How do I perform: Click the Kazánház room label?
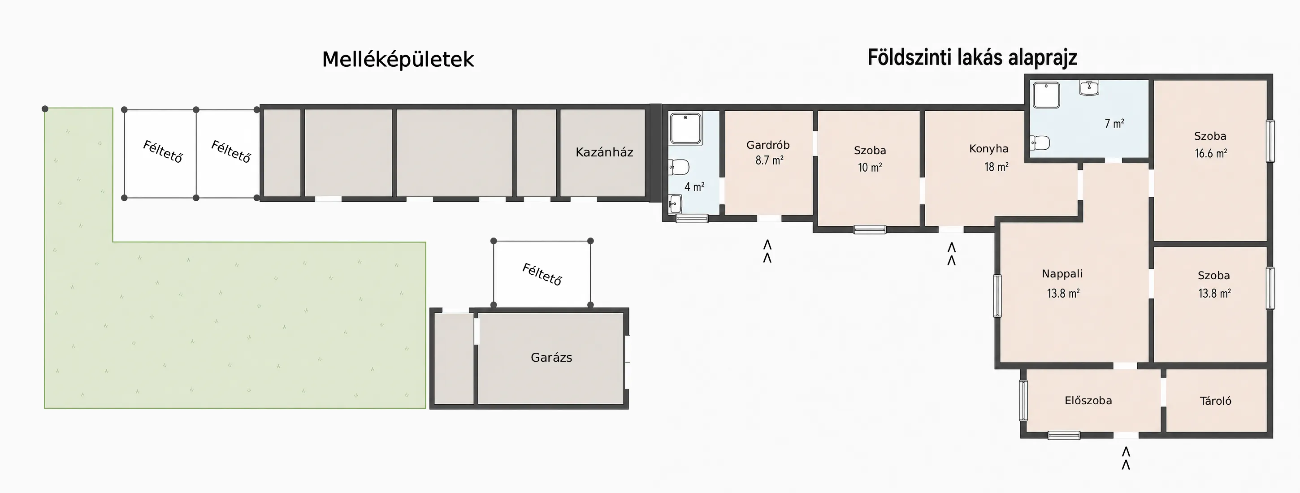[x=604, y=152]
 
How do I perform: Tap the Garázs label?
[x=551, y=357]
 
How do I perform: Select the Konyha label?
[x=988, y=148]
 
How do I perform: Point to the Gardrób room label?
[x=767, y=145]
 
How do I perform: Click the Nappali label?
[x=1062, y=273]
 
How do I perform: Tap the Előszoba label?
[x=1088, y=400]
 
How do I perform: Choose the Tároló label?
[x=1215, y=401]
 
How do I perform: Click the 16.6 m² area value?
[x=1211, y=153]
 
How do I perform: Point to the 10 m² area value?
[x=870, y=167]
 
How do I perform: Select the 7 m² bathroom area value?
[x=1114, y=124]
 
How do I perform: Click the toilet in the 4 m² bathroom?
[x=679, y=167]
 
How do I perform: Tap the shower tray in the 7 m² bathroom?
[x=1046, y=95]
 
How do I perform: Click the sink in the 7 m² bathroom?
[x=1089, y=88]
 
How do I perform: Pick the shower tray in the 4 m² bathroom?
[x=685, y=128]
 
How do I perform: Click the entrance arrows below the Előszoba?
[x=1125, y=458]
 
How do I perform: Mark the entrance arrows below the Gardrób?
[x=767, y=251]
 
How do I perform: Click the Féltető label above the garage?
[x=542, y=274]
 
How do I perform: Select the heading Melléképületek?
[x=398, y=60]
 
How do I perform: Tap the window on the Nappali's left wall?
[x=997, y=296]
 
